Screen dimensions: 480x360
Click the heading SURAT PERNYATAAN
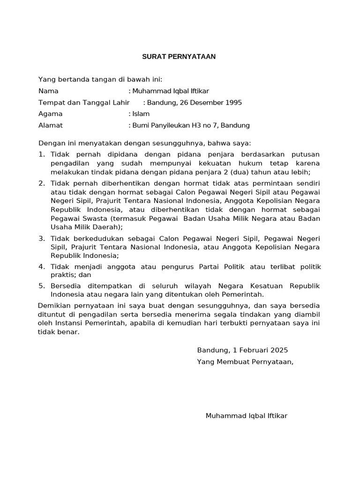tap(179, 57)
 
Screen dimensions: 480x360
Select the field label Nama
tap(48, 91)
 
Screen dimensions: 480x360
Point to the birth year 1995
tap(233, 102)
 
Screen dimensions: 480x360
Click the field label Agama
tap(50, 114)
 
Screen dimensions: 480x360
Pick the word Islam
tap(141, 114)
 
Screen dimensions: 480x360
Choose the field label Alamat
tap(50, 125)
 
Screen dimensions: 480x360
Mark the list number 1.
tap(41, 154)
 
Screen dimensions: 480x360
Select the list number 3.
tap(41, 239)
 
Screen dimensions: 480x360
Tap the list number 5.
tap(41, 285)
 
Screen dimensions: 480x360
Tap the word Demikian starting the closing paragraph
tap(53, 306)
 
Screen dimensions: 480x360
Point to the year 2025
tap(278, 350)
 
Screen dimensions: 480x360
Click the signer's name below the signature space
tap(247, 416)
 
